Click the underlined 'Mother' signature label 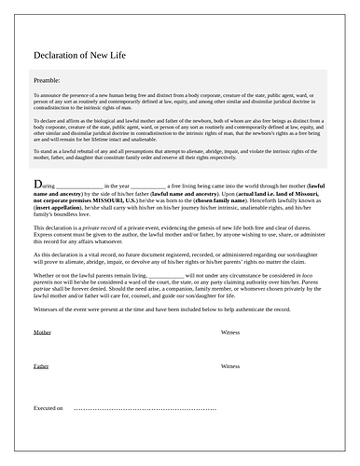(42, 332)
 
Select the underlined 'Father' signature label (41, 366)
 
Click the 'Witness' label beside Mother (230, 332)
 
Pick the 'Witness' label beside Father (230, 366)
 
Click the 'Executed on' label (48, 408)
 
